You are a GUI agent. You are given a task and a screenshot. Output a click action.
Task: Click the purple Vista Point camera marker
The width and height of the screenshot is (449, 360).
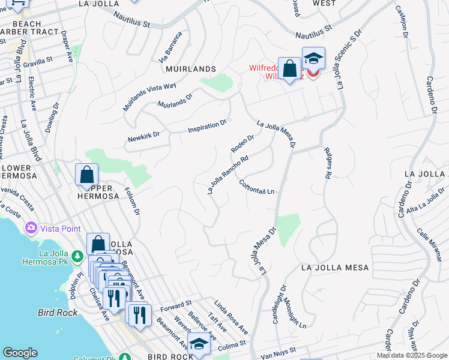click(x=31, y=229)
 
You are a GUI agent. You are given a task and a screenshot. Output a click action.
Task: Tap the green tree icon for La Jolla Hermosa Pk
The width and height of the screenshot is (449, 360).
click(x=77, y=257)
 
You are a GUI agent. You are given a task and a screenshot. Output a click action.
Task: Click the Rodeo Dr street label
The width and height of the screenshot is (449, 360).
click(x=243, y=143)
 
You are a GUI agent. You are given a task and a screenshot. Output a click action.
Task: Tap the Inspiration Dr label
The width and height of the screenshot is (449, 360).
click(x=207, y=127)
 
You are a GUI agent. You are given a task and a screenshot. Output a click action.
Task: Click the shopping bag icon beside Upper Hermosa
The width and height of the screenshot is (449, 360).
click(x=87, y=175)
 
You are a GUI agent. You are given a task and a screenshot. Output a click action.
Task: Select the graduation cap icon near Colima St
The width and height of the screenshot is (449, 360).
click(x=199, y=344)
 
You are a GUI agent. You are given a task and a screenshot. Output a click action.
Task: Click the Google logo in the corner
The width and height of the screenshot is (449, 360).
click(x=20, y=353)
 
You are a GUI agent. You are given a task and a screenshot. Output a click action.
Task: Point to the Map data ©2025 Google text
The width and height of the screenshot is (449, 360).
click(x=412, y=355)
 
